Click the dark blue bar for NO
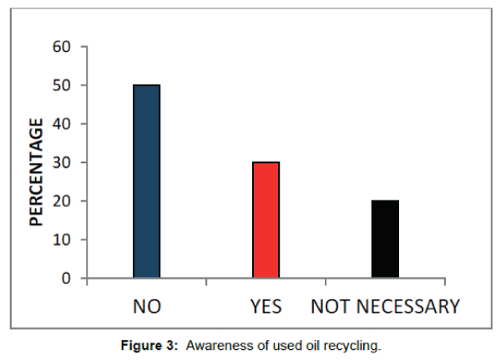146,181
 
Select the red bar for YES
266,220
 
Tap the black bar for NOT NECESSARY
386,239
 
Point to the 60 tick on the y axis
62,47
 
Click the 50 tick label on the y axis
62,85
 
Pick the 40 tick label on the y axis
62,124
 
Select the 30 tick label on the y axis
62,162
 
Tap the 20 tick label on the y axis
62,200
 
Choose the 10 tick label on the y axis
62,239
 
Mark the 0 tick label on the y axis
67,277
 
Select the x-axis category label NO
147,307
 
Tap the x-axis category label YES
266,307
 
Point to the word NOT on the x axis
328,307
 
